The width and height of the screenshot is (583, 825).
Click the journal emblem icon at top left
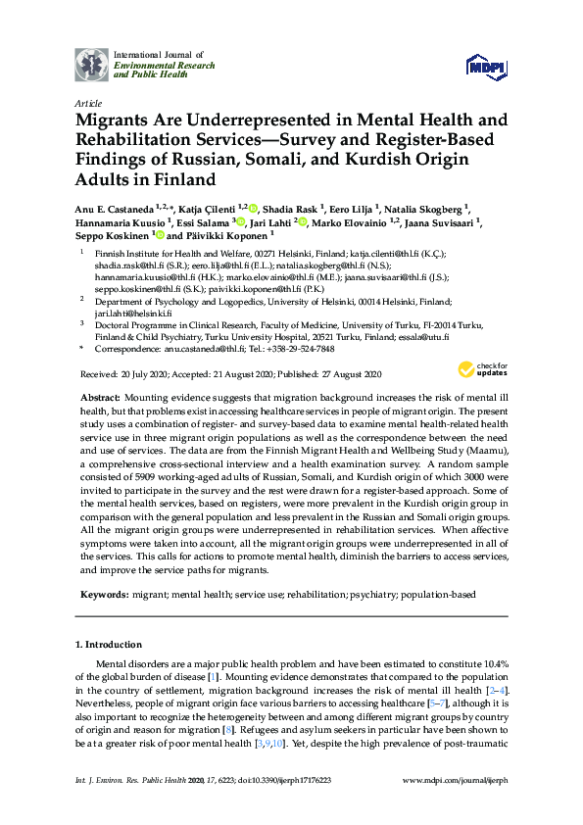(92, 65)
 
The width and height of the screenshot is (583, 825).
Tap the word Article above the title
(86, 102)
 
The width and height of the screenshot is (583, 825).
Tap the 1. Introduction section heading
(108, 644)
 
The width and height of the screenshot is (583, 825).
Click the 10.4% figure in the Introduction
(491, 663)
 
